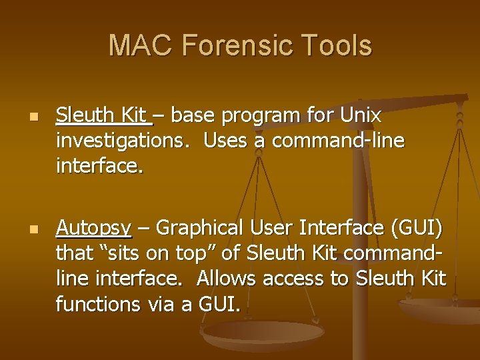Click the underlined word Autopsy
pos(93,229)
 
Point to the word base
pos(196,115)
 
